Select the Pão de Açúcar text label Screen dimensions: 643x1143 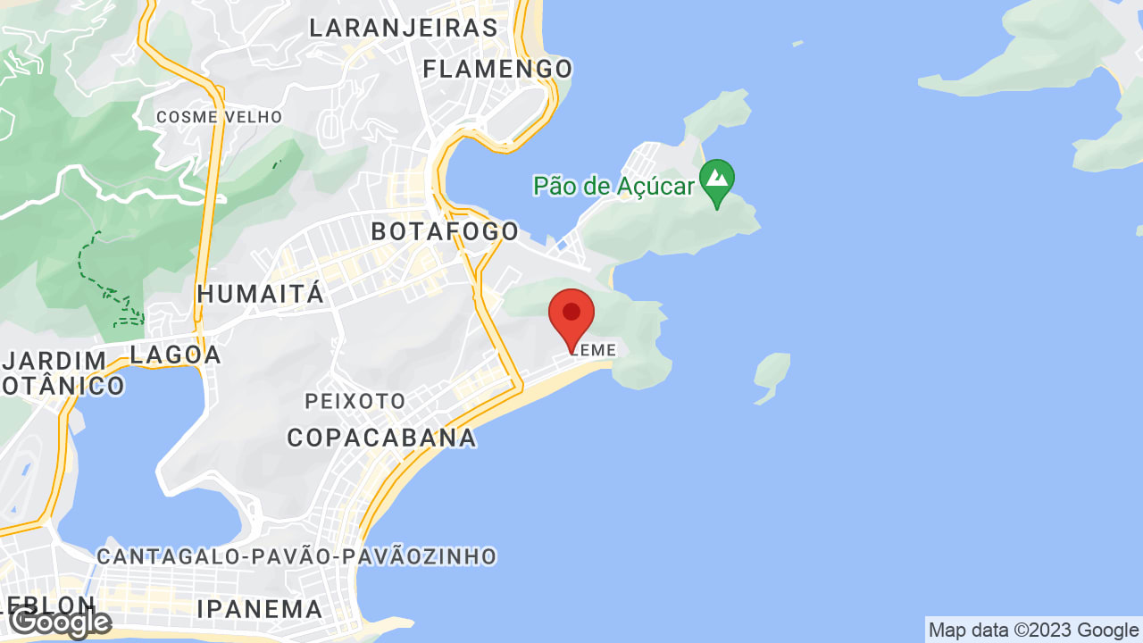(x=613, y=186)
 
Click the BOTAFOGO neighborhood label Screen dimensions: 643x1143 (x=445, y=231)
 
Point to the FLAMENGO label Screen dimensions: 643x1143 (x=497, y=69)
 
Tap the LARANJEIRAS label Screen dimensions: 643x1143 (x=404, y=28)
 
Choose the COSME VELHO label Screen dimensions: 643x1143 (x=219, y=117)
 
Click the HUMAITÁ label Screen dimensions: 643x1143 (x=261, y=294)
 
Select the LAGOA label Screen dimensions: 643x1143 (x=176, y=355)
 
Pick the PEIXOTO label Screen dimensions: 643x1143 (x=355, y=401)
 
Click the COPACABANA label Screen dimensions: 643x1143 (x=381, y=438)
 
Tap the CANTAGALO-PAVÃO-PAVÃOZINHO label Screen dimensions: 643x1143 (x=296, y=556)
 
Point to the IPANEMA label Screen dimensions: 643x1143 (x=259, y=609)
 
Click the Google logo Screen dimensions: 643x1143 (x=61, y=622)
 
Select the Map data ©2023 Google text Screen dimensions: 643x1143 (x=1033, y=630)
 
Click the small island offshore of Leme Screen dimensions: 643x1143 (x=772, y=376)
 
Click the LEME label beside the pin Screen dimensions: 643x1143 (x=596, y=350)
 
